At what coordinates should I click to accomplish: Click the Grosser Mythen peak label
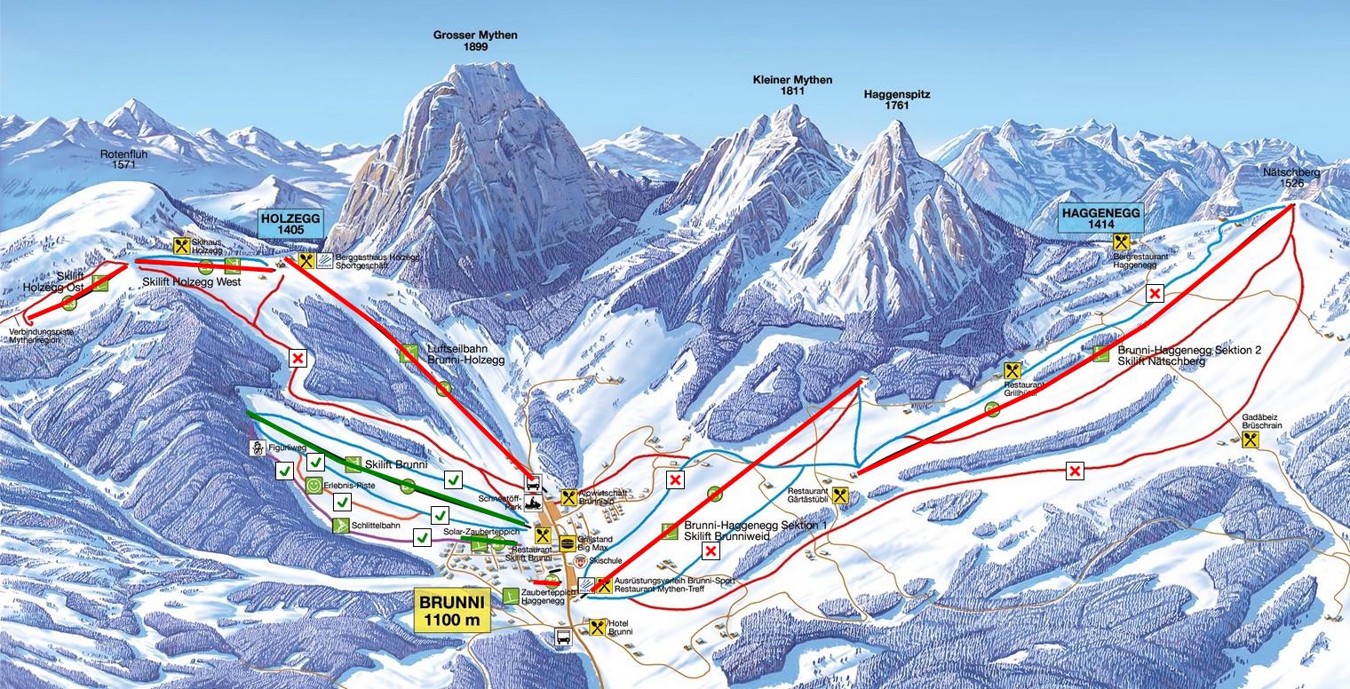(x=475, y=41)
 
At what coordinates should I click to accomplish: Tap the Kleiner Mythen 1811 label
(x=792, y=85)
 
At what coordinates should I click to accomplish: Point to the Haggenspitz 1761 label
(x=896, y=99)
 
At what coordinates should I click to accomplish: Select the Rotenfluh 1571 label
(x=123, y=158)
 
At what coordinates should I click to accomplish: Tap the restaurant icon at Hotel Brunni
(x=596, y=626)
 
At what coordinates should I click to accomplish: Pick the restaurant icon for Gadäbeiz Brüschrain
(x=1251, y=439)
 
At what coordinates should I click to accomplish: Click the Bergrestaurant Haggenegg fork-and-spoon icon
(x=1121, y=241)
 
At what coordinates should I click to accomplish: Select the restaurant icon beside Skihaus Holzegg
(x=182, y=246)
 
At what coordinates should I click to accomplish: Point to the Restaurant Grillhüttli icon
(x=1012, y=370)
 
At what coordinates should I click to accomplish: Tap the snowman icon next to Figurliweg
(x=258, y=447)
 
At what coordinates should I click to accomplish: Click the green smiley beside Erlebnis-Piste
(x=314, y=486)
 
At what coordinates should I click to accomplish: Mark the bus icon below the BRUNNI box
(x=562, y=637)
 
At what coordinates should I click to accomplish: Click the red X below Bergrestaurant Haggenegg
(x=1155, y=294)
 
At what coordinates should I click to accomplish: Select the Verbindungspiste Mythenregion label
(x=43, y=337)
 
